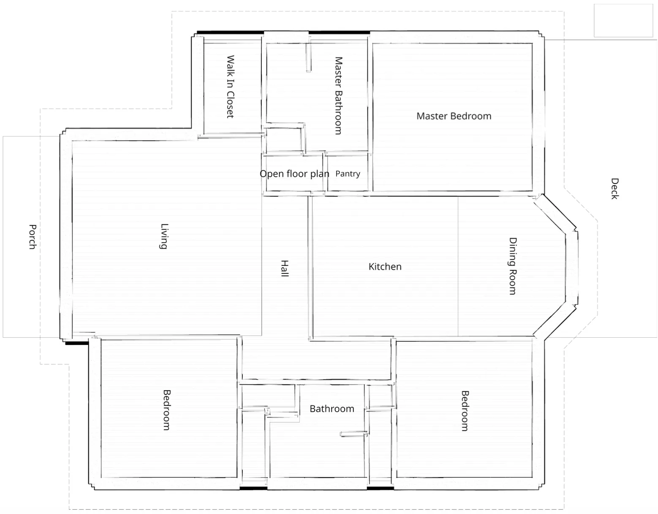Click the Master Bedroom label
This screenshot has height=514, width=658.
click(454, 116)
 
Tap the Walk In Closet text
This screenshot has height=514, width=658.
click(231, 87)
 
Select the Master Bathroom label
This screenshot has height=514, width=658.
click(338, 96)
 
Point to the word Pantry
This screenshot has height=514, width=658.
click(348, 174)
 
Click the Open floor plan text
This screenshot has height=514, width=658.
click(294, 174)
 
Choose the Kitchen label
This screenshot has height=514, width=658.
click(385, 267)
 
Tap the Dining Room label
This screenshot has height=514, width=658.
click(512, 266)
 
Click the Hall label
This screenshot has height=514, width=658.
click(285, 268)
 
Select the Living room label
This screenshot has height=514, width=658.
click(164, 236)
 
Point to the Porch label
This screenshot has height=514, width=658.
click(33, 237)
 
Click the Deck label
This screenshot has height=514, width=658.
click(614, 189)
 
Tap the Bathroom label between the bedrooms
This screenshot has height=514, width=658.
click(332, 409)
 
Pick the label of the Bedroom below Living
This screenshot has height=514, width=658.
click(166, 410)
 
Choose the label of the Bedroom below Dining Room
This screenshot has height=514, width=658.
click(465, 411)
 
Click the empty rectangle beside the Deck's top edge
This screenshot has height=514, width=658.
click(623, 21)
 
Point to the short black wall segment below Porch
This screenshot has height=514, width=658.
click(77, 343)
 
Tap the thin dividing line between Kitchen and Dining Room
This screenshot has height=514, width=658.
click(458, 266)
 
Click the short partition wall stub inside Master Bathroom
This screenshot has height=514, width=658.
click(309, 57)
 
